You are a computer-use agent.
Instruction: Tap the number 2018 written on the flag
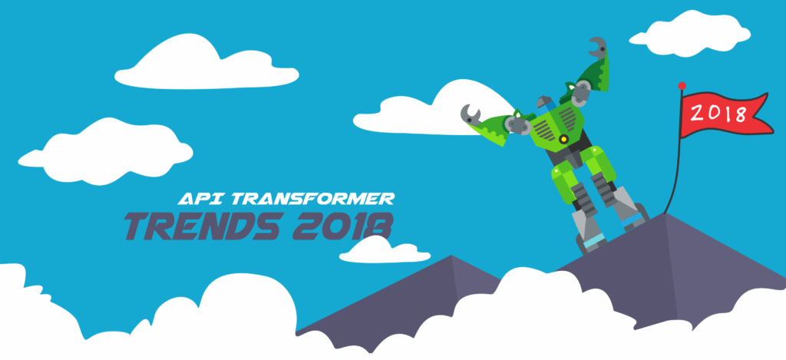point(718,114)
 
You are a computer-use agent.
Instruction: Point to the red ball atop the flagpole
point(682,85)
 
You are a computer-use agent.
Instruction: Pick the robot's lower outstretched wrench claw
point(470,116)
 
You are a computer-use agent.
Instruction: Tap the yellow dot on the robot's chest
point(564,139)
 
